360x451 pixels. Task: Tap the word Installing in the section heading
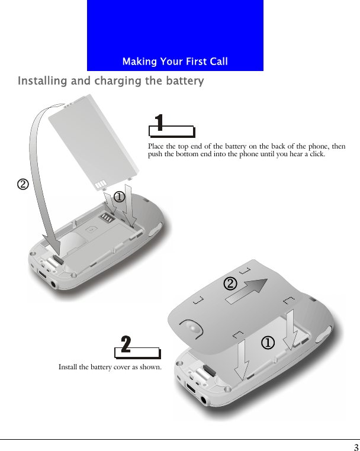(43, 81)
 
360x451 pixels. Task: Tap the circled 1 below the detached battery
(119, 196)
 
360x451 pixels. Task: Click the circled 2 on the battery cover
(230, 284)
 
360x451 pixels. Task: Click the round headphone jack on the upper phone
(55, 284)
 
